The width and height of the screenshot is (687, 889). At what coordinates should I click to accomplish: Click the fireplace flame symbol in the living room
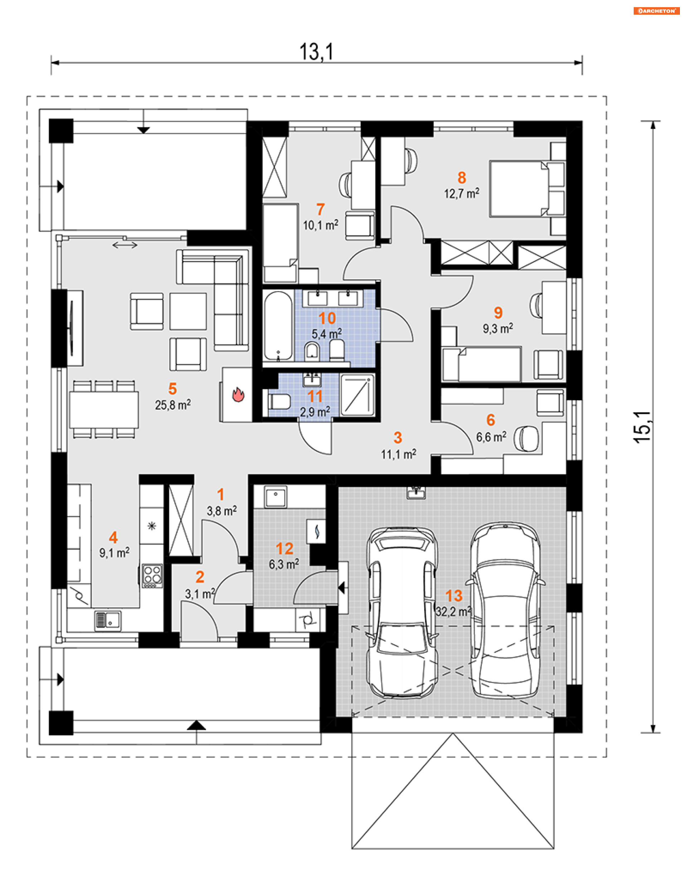(x=238, y=394)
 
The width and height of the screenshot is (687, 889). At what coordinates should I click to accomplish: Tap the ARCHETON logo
(x=657, y=11)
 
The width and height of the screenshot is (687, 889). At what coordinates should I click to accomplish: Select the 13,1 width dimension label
(x=316, y=52)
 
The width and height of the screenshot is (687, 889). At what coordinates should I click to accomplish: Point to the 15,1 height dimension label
(x=642, y=427)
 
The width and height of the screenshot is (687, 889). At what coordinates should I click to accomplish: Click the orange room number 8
(x=462, y=178)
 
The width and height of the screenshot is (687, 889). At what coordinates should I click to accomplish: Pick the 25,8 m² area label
(x=172, y=405)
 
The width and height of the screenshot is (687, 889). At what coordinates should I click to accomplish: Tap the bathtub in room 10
(x=278, y=326)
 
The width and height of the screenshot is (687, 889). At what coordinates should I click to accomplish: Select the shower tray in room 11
(x=357, y=395)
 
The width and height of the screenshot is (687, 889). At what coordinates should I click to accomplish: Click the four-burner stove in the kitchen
(x=153, y=575)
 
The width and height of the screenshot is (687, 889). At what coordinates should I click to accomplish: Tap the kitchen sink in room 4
(x=108, y=621)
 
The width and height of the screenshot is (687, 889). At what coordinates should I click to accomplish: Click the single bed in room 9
(x=482, y=364)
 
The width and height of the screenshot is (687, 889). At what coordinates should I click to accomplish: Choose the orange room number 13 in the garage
(x=454, y=596)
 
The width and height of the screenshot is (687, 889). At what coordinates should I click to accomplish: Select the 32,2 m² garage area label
(x=453, y=612)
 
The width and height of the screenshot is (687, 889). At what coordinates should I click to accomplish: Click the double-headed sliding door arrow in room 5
(x=125, y=245)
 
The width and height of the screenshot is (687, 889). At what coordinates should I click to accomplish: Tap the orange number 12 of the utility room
(x=284, y=549)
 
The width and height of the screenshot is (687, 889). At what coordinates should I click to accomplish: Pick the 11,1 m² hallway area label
(x=399, y=454)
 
